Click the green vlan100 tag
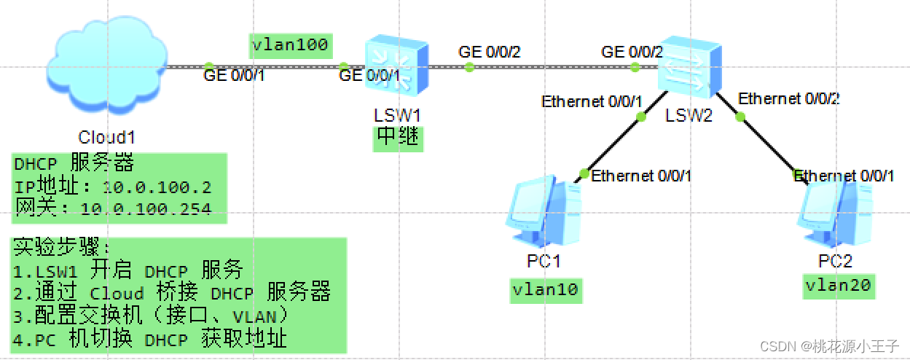pyautogui.click(x=290, y=45)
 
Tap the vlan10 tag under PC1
pyautogui.click(x=546, y=290)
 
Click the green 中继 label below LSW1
pyautogui.click(x=398, y=138)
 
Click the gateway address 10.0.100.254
pyautogui.click(x=146, y=210)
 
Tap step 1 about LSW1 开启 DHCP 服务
pyautogui.click(x=128, y=271)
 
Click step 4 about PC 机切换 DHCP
pyautogui.click(x=150, y=339)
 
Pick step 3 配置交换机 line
pyautogui.click(x=152, y=316)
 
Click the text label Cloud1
pyautogui.click(x=107, y=138)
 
